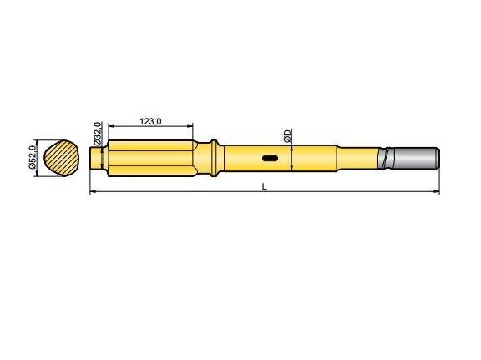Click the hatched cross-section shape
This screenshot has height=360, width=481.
pos(63,157)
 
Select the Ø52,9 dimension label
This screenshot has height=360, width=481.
pos(32,157)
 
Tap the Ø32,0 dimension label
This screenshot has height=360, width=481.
pos(98,134)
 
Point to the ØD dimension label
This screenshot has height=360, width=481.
pos(286,135)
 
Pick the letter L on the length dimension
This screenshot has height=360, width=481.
pos(264,187)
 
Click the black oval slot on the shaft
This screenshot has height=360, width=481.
pos(270,158)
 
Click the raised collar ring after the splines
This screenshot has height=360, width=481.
pos(216,157)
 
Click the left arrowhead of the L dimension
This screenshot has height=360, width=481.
pos(92,193)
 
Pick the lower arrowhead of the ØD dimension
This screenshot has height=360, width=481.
pos(291,170)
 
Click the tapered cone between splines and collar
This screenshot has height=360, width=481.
pos(201,157)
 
